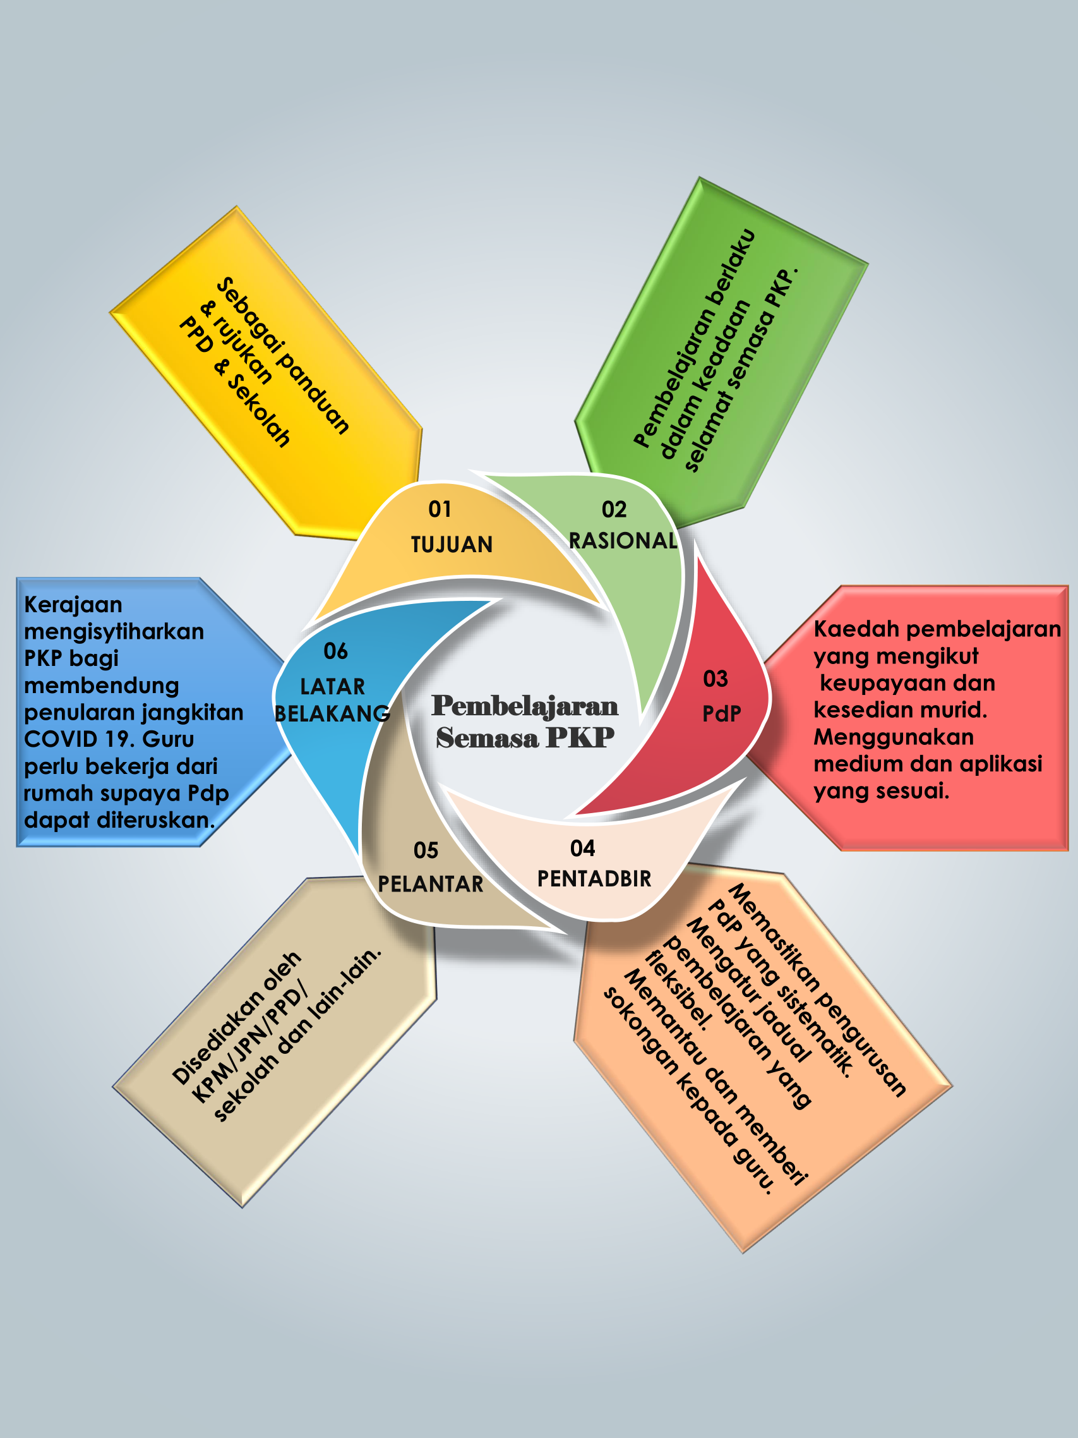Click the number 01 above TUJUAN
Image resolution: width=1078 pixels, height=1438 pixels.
click(x=440, y=509)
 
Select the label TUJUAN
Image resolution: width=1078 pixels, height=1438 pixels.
click(x=452, y=544)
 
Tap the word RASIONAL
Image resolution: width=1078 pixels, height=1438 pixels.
click(x=623, y=540)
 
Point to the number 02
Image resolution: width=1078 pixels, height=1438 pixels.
click(x=614, y=509)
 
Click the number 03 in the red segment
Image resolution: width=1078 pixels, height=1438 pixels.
click(x=716, y=679)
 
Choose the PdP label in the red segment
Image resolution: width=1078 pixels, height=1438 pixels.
click(x=721, y=714)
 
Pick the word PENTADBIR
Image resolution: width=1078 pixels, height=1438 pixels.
click(x=594, y=878)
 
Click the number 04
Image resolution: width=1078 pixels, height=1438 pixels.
click(x=582, y=848)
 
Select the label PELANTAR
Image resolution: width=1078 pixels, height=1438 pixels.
click(x=431, y=884)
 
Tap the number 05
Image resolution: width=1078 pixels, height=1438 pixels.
click(x=426, y=850)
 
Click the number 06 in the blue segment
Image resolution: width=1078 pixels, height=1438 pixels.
click(x=335, y=651)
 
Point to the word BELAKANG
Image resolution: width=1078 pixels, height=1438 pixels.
click(x=332, y=714)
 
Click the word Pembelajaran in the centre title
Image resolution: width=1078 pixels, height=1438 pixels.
click(x=525, y=706)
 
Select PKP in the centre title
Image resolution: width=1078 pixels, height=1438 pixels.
click(x=580, y=737)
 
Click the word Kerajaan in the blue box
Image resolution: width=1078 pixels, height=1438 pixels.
click(x=73, y=605)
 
